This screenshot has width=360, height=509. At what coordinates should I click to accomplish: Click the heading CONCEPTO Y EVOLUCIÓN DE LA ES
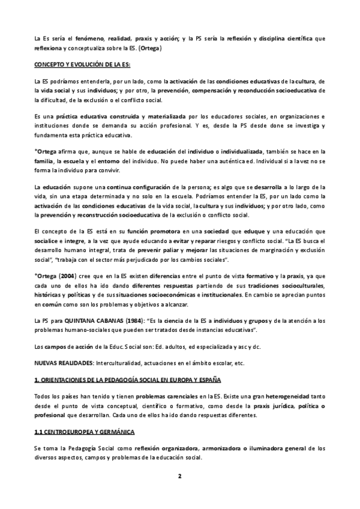[82, 64]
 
